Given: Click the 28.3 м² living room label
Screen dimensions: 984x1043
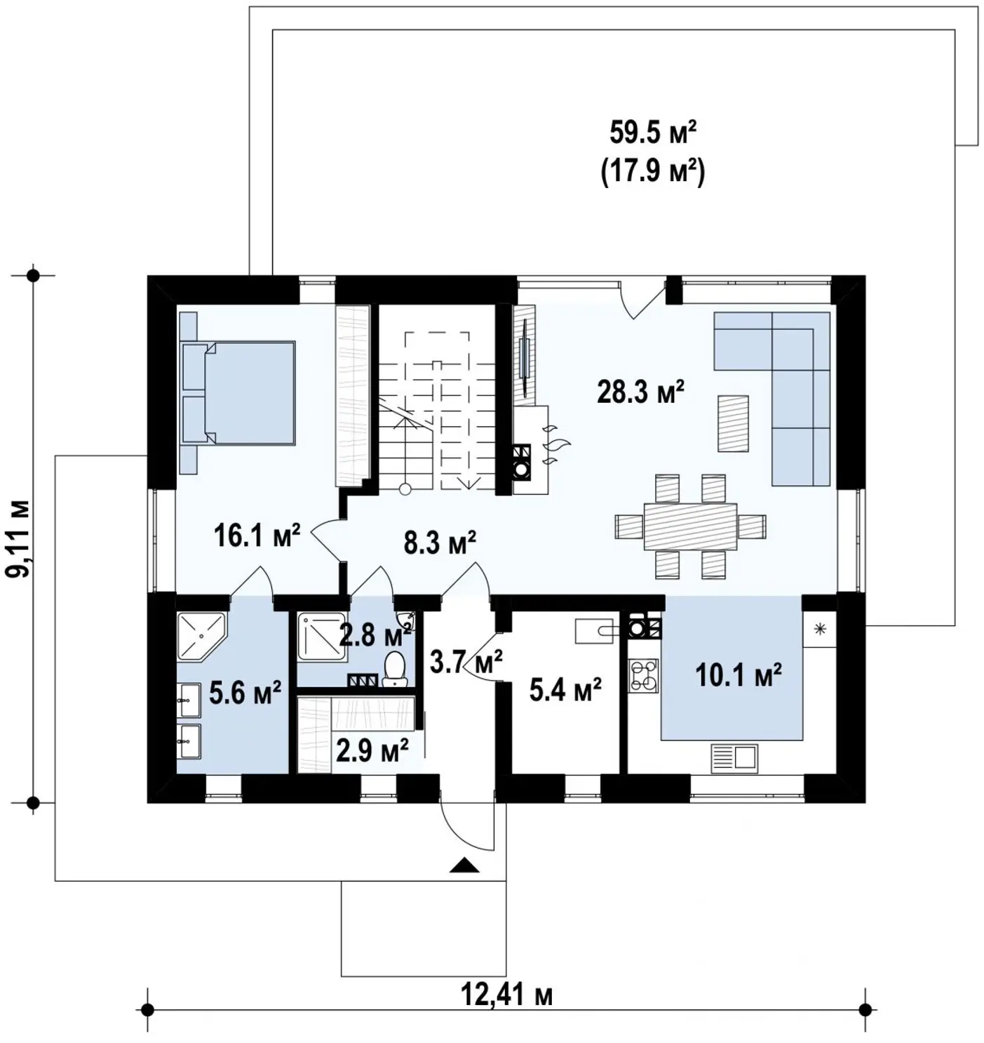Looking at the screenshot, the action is coord(641,392).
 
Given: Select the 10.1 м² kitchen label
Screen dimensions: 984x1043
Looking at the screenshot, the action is coord(739,675).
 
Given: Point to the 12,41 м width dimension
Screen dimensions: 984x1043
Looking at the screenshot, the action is coord(506,995).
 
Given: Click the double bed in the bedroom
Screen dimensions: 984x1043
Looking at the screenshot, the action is coord(238,393).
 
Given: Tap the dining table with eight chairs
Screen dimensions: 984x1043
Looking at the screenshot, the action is coord(690,526).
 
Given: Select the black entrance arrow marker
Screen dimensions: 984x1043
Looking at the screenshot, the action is coord(465,865).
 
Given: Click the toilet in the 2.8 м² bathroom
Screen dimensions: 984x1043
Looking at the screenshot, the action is coord(395,669).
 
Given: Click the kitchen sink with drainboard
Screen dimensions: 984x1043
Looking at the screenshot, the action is coord(734,758).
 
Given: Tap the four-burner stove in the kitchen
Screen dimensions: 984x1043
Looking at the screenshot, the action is coord(644,675).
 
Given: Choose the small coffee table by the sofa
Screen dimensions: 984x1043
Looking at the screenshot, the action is coord(733,423).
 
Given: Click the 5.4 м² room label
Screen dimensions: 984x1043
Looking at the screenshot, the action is coord(565,689).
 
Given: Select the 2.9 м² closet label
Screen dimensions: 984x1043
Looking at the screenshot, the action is coord(372,750).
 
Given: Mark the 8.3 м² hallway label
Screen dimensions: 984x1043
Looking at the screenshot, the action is coord(440,543).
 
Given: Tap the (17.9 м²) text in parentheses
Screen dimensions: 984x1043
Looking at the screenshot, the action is coord(652,172).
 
